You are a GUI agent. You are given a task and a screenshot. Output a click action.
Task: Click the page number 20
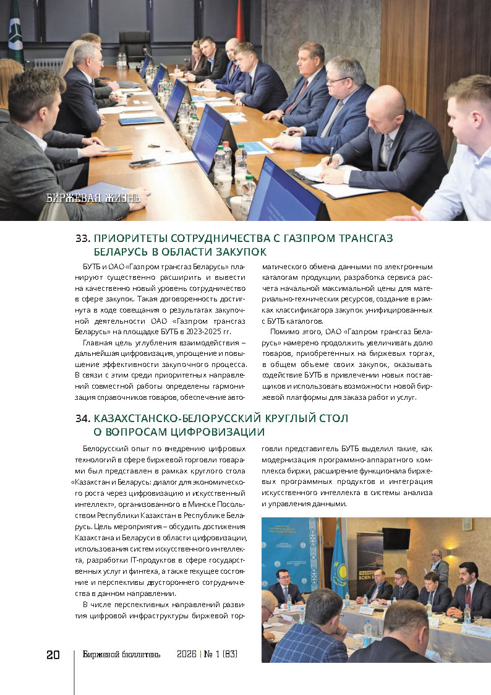click(x=53, y=655)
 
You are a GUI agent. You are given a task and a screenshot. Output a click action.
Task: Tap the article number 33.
click(x=83, y=238)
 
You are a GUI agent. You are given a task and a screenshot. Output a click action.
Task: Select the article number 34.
click(x=83, y=418)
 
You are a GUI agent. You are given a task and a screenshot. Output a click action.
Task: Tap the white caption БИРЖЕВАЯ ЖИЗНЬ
click(x=93, y=199)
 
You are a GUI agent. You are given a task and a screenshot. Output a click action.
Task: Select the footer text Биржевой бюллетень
click(x=121, y=655)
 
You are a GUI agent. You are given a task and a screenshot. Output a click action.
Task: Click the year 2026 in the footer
click(x=186, y=655)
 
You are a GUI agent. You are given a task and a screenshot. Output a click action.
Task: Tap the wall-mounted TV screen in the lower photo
click(x=396, y=538)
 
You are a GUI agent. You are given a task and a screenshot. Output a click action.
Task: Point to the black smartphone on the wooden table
click(x=144, y=163)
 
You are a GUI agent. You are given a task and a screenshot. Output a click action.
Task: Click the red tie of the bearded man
click(x=470, y=594)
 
